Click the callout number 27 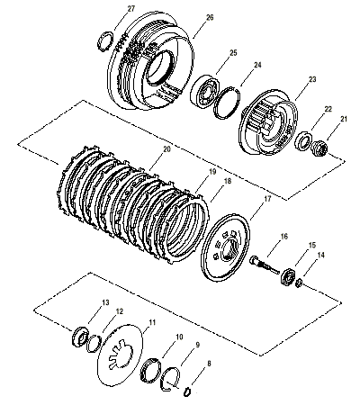pyautogui.click(x=131, y=8)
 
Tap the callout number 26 pyautogui.click(x=209, y=17)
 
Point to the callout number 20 pyautogui.click(x=166, y=152)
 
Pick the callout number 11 pyautogui.click(x=150, y=321)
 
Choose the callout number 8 pyautogui.click(x=210, y=364)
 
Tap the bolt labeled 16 pyautogui.click(x=265, y=266)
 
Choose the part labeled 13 pyautogui.click(x=79, y=338)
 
